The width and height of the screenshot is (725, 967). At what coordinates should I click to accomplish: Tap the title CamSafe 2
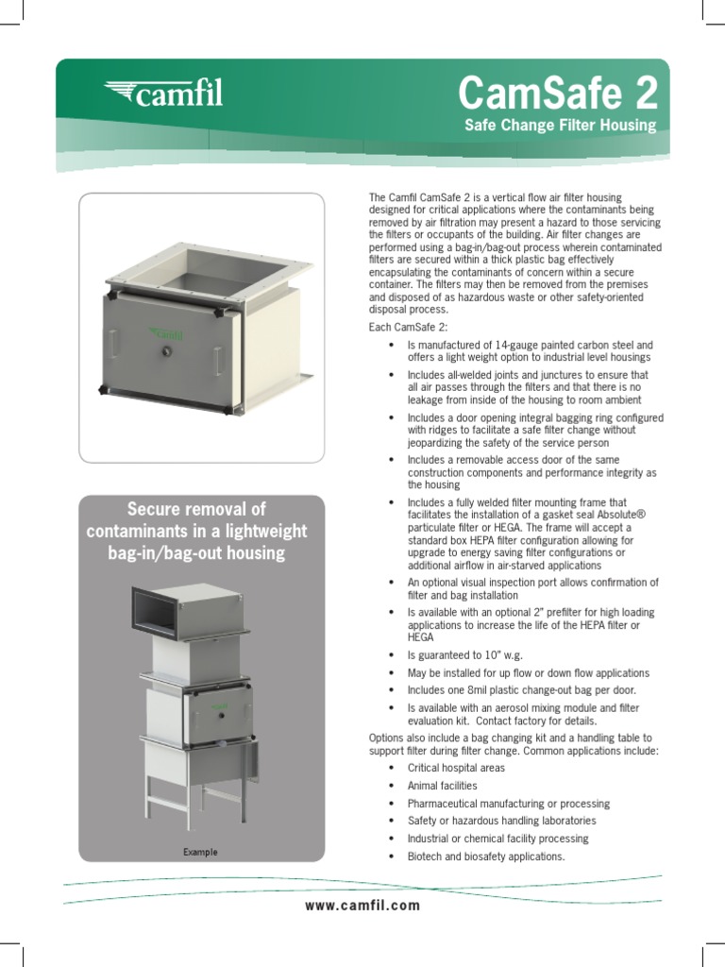click(x=557, y=93)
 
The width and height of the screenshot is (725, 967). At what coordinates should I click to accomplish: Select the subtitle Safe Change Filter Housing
click(x=560, y=126)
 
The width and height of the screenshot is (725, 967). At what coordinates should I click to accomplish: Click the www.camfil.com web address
click(x=362, y=906)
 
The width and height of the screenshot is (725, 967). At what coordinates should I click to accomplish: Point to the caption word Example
click(x=200, y=852)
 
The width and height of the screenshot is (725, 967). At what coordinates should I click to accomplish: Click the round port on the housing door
click(x=166, y=351)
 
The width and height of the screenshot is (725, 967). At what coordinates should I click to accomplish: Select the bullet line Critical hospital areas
click(x=456, y=768)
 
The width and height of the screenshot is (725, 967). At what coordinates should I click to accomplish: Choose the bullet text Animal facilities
click(x=442, y=786)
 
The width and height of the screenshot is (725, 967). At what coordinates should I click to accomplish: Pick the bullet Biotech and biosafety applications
click(x=485, y=857)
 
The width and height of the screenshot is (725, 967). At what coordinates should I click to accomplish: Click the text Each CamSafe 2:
click(x=408, y=327)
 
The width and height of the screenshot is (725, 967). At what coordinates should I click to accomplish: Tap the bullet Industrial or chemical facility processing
click(x=497, y=839)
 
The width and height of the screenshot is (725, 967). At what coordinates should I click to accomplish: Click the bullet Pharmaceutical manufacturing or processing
click(x=508, y=804)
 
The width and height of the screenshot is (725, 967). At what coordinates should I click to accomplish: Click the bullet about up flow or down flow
click(x=528, y=672)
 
